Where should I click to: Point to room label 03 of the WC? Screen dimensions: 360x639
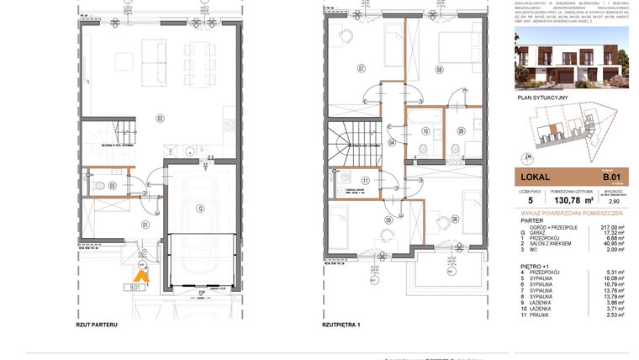[111, 184]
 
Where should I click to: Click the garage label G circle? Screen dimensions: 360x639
[200, 208]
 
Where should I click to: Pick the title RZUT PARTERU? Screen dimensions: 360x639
[96, 324]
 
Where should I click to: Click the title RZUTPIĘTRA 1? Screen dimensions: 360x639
[341, 324]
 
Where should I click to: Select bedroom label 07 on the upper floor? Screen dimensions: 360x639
[361, 68]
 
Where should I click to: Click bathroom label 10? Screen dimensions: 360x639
[425, 131]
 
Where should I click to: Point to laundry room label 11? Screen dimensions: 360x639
[365, 181]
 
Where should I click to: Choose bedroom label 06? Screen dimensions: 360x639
[455, 220]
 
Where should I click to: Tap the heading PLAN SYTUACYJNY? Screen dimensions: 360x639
[542, 98]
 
